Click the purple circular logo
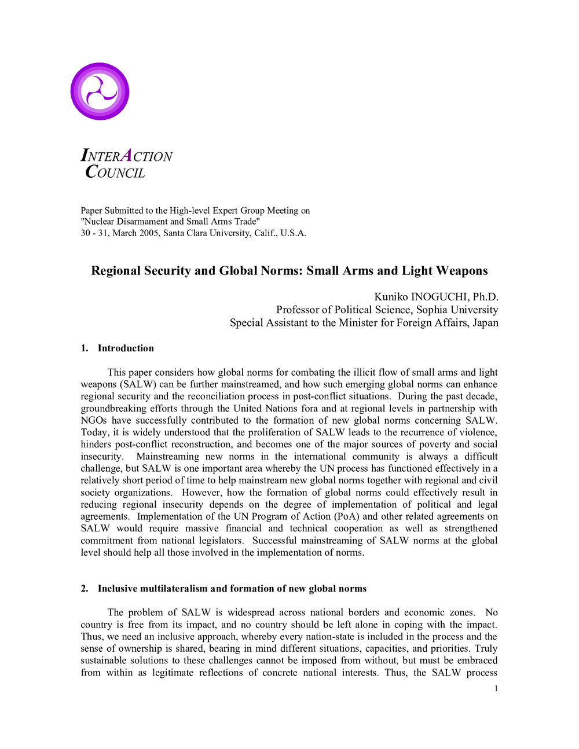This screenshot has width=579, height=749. [x=100, y=91]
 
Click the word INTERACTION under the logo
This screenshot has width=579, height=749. [x=126, y=156]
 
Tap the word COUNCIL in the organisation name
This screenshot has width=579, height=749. [x=115, y=172]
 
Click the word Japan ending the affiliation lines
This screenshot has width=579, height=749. [x=485, y=322]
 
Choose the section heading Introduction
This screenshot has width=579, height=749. [x=126, y=348]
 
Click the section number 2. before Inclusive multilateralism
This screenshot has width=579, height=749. [x=85, y=589]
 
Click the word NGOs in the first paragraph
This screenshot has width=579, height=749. [x=93, y=420]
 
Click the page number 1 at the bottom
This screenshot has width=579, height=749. [x=496, y=688]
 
